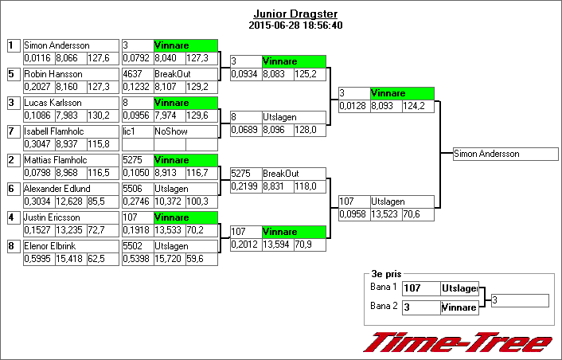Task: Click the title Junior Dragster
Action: click(x=295, y=14)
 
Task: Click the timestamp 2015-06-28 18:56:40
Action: click(x=295, y=25)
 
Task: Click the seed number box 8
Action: click(x=13, y=246)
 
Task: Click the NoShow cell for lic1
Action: click(x=185, y=131)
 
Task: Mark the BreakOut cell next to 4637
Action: click(x=185, y=74)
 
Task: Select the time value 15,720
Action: click(x=169, y=259)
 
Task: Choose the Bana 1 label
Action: click(x=383, y=286)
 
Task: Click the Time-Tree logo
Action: click(x=457, y=341)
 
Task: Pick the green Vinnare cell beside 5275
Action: click(x=185, y=160)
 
